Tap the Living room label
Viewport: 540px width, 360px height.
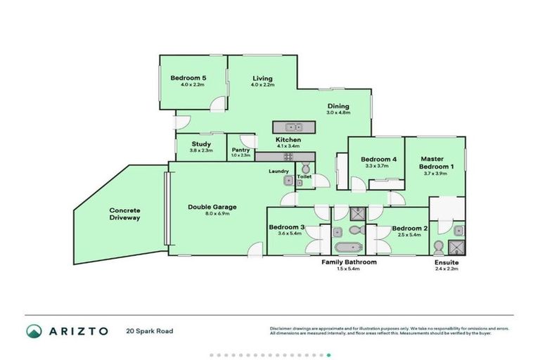(262, 78)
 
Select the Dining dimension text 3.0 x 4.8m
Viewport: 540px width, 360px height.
(337, 113)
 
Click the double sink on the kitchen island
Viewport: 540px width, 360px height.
(288, 127)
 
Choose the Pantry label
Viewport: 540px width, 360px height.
(240, 150)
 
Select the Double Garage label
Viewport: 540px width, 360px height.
(212, 207)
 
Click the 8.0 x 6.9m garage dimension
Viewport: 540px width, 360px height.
(212, 214)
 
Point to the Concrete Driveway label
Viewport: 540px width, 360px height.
(125, 214)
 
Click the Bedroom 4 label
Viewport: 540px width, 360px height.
(379, 160)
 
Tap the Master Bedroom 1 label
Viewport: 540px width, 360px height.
(437, 162)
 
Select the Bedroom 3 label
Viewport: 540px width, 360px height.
(287, 228)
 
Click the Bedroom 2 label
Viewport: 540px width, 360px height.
(409, 228)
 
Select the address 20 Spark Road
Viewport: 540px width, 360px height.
(150, 330)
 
